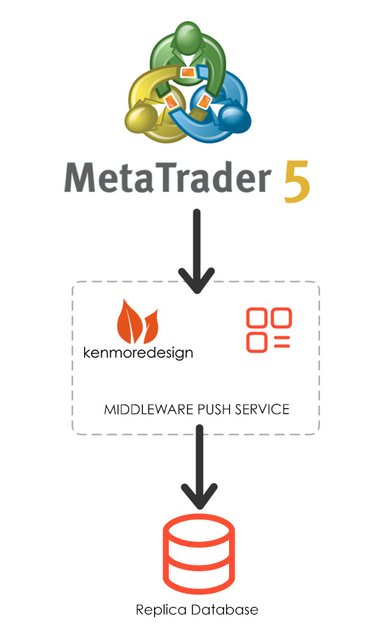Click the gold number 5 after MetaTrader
[x=297, y=181]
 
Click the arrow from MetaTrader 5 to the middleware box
[x=197, y=251]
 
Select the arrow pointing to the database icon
[x=199, y=466]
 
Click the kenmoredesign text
[x=138, y=353]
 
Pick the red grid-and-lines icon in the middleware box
[x=269, y=330]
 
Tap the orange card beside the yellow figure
[x=172, y=101]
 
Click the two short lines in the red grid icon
[x=282, y=342]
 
